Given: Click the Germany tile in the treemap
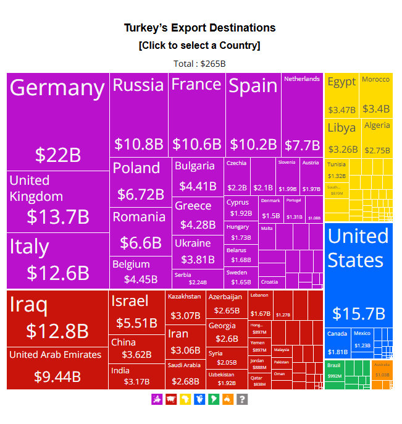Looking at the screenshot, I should tap(57, 121).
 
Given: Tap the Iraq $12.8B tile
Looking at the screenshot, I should tap(57, 318).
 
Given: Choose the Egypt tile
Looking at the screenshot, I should tap(341, 95).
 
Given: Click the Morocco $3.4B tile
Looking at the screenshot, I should tap(375, 95).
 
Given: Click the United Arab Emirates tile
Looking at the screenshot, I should tap(57, 368).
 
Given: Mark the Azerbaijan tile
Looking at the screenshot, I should tap(226, 304).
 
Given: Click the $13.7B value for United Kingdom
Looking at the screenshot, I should tap(57, 217).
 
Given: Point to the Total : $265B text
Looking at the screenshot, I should tap(199, 64).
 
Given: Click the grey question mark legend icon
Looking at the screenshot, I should tap(242, 400).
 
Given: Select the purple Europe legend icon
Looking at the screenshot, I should tap(157, 400).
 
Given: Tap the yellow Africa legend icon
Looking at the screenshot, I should tap(185, 400).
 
